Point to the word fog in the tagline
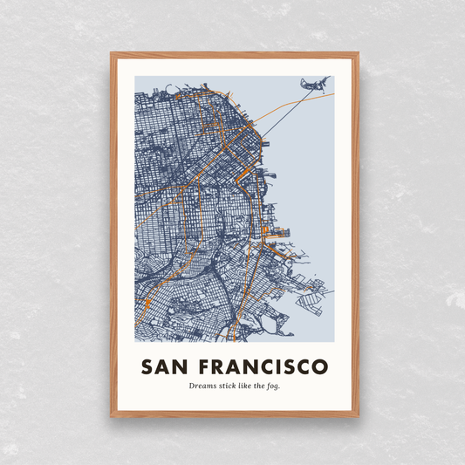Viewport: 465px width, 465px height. pos(273,386)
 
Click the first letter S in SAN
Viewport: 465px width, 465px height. pos(147,365)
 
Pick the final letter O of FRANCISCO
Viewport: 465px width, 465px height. pos(320,365)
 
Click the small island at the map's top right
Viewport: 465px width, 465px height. pos(314,84)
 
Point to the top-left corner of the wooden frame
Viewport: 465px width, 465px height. pos(113,55)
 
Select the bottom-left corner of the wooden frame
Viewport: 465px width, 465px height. pos(113,415)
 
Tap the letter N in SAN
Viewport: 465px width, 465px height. pos(185,365)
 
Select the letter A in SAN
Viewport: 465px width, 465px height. pos(166,365)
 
